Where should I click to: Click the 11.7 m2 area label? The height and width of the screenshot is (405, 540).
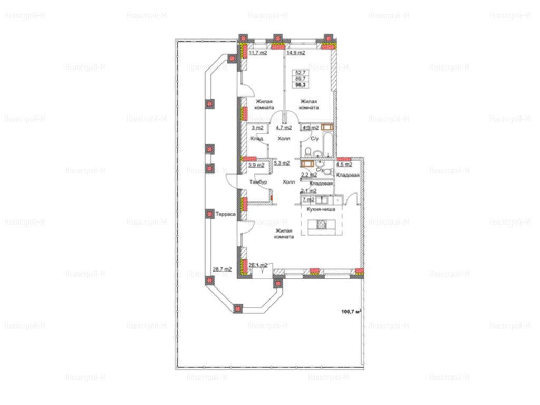(258, 53)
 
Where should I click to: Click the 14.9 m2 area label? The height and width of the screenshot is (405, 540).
(296, 53)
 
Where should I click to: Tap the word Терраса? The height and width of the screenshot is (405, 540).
(225, 214)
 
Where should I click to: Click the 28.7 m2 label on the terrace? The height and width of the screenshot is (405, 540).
(222, 269)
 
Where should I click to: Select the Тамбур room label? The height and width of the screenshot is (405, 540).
(259, 182)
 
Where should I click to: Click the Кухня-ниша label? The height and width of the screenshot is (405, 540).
(318, 209)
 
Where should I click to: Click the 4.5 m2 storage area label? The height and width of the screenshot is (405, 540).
(344, 165)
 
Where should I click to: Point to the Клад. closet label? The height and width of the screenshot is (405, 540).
(257, 139)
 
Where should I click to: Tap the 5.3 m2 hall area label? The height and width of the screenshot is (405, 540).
(283, 163)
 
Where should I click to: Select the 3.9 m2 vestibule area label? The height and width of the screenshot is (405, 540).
(256, 165)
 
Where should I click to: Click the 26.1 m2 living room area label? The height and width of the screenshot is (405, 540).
(258, 265)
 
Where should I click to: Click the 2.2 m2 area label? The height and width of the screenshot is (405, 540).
(308, 175)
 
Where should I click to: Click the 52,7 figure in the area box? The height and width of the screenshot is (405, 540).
(301, 73)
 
